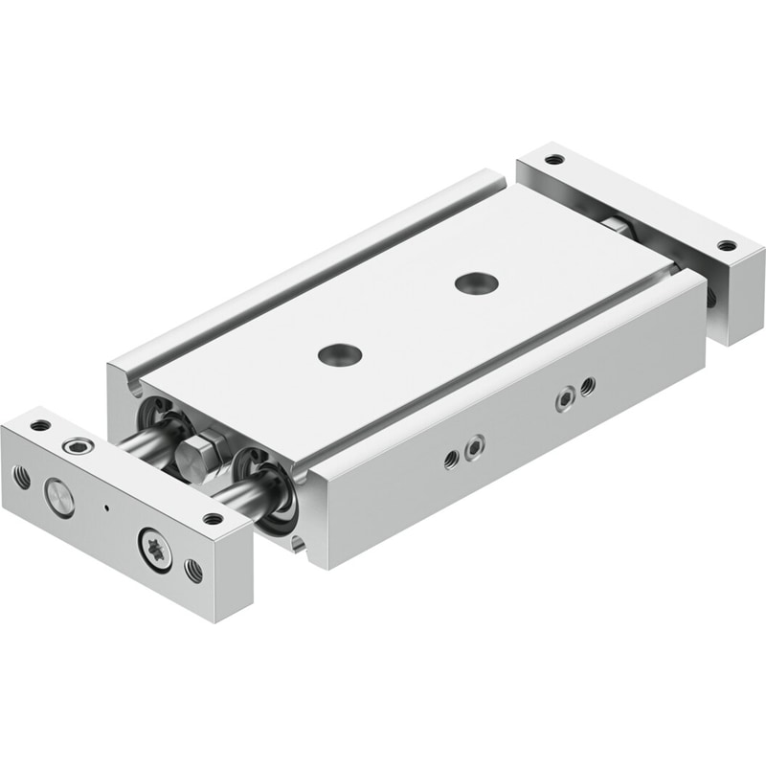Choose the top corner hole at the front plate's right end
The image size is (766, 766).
click(x=213, y=518)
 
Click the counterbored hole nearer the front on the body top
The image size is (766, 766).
click(x=341, y=353)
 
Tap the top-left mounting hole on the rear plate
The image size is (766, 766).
click(x=556, y=159)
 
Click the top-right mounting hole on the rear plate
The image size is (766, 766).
click(x=727, y=245)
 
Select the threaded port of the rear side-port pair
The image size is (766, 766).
click(x=587, y=386)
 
